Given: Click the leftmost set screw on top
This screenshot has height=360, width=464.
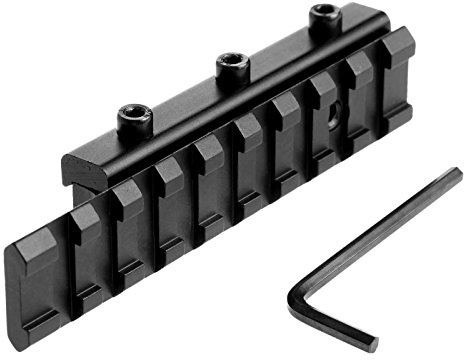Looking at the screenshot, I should coord(134,119).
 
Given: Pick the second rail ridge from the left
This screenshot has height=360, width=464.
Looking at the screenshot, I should coord(128,205).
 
